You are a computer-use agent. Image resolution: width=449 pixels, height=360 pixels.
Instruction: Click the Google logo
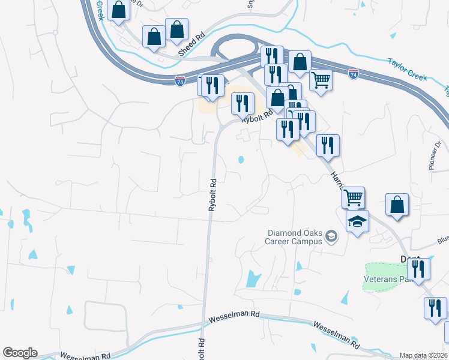pyautogui.click(x=20, y=353)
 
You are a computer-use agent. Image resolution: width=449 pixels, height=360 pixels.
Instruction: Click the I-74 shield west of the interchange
pyautogui.click(x=179, y=80)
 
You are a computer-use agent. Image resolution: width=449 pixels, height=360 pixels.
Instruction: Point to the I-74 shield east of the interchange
pyautogui.click(x=353, y=74)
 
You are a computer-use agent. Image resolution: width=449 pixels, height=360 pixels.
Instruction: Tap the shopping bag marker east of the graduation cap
pyautogui.click(x=397, y=205)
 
